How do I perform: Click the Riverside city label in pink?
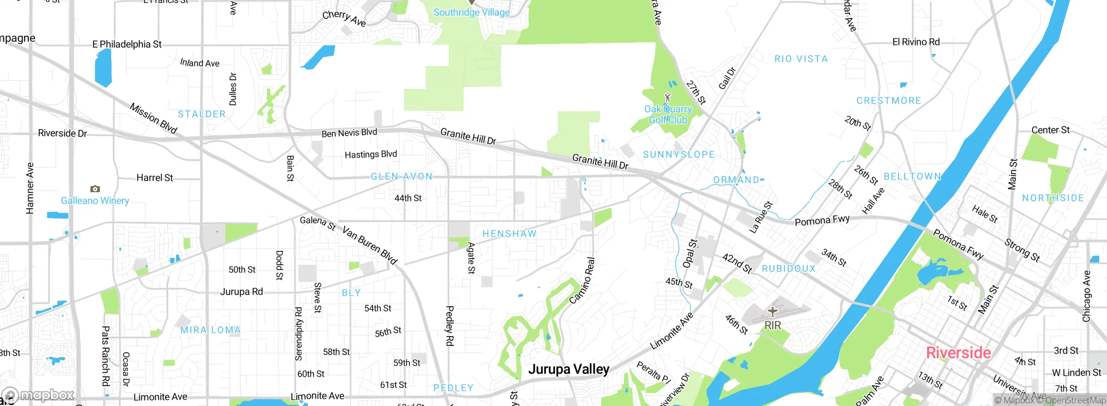pyautogui.click(x=958, y=353)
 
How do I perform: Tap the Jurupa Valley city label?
pyautogui.click(x=569, y=369)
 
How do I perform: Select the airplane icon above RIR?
pyautogui.click(x=773, y=311)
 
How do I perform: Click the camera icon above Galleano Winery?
pyautogui.click(x=95, y=189)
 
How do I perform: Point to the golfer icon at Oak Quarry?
pyautogui.click(x=668, y=97)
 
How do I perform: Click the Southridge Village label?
pyautogui.click(x=471, y=13)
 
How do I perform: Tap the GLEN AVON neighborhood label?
pyautogui.click(x=402, y=176)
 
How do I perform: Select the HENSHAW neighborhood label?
pyautogui.click(x=509, y=234)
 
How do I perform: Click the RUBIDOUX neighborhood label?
pyautogui.click(x=789, y=269)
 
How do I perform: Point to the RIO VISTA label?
pyautogui.click(x=801, y=59)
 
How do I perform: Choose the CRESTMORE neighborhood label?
pyautogui.click(x=889, y=101)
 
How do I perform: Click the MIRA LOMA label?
pyautogui.click(x=211, y=330)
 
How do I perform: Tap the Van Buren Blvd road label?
pyautogui.click(x=370, y=245)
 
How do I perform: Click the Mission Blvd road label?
pyautogui.click(x=154, y=118)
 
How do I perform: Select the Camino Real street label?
pyautogui.click(x=582, y=281)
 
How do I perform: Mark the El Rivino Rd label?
pyautogui.click(x=916, y=42)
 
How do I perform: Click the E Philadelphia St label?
pyautogui.click(x=127, y=44)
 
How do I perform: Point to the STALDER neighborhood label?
pyautogui.click(x=202, y=114)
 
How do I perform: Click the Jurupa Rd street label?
pyautogui.click(x=241, y=292)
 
